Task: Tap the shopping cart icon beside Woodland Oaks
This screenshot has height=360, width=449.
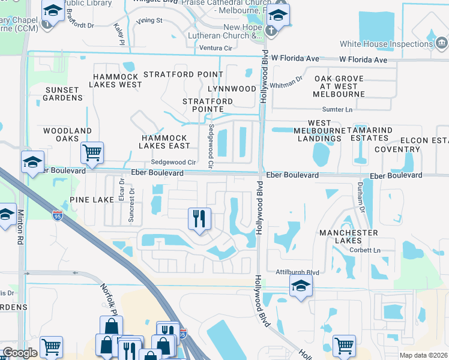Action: [92, 152]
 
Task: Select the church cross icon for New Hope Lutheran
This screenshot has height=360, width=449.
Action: [271, 31]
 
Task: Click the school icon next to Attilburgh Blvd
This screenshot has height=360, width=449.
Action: [301, 286]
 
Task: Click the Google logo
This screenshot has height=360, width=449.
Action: [19, 353]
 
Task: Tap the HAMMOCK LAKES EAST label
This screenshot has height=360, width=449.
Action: [165, 142]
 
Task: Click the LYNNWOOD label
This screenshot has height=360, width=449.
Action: [232, 89]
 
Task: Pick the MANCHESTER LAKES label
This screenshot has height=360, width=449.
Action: [349, 236]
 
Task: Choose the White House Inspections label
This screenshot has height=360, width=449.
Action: [385, 44]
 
